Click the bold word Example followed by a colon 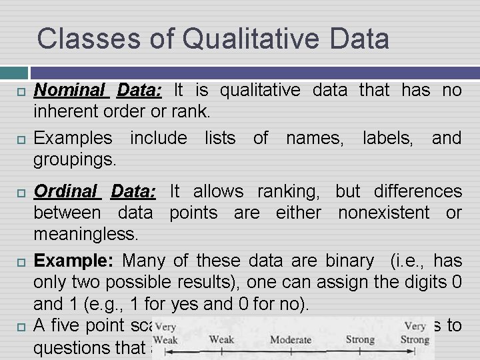(73, 261)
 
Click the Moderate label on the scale (291, 340)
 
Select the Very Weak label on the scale (166, 334)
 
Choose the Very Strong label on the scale (415, 333)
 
